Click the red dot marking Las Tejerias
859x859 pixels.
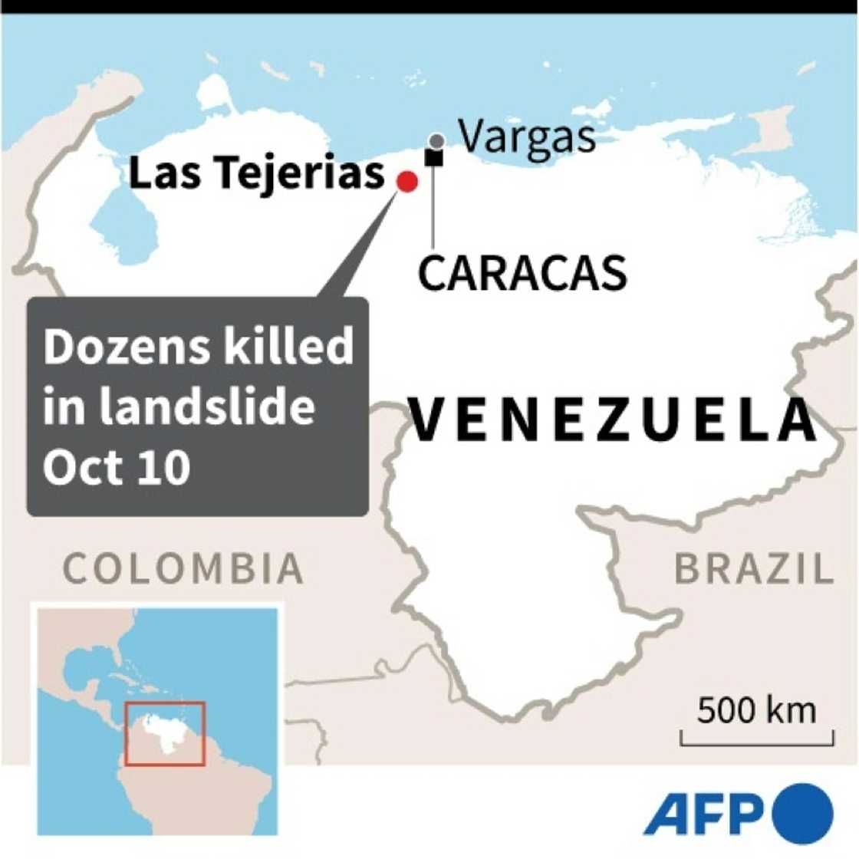point(406,182)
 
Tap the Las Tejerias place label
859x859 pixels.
point(256,173)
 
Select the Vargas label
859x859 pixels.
point(527,137)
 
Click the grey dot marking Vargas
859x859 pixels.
point(436,141)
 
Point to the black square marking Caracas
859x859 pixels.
point(434,158)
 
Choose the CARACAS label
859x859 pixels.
point(522,273)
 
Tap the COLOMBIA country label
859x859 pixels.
point(183,568)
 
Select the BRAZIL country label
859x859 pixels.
point(753,569)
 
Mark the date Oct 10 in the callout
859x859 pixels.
point(117,466)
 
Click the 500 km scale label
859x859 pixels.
point(756,710)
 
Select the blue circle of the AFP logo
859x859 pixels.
point(803,813)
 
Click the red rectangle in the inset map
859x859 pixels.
point(165,733)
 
